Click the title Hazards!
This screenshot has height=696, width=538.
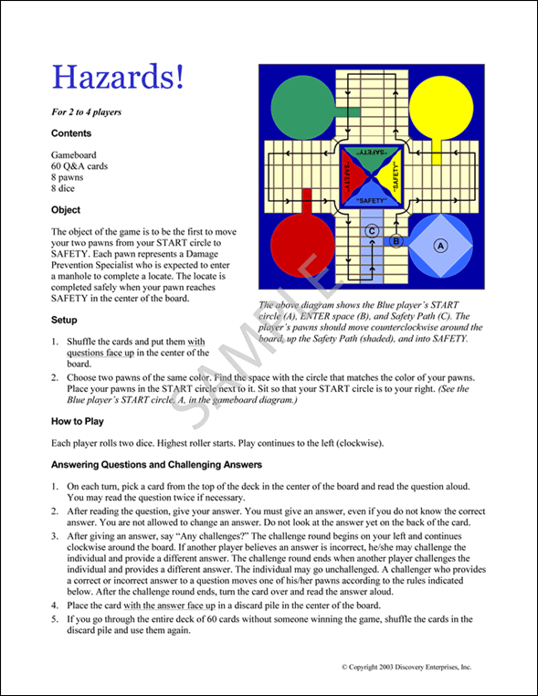click(x=119, y=77)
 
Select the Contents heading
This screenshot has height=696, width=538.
click(x=71, y=133)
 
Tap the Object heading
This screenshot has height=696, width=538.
click(x=67, y=210)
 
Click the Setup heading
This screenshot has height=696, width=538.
click(x=65, y=321)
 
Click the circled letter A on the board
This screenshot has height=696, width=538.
click(x=440, y=246)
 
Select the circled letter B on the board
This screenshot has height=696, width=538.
click(x=396, y=241)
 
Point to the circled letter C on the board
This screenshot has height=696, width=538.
click(x=373, y=232)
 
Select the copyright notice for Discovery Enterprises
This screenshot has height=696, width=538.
click(x=406, y=668)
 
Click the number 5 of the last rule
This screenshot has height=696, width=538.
click(x=56, y=618)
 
